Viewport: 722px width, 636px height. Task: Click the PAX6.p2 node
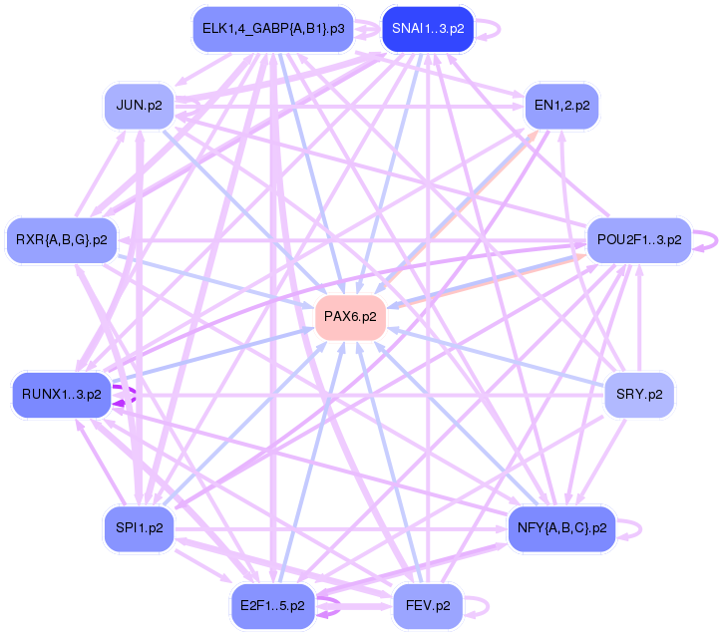[351, 317]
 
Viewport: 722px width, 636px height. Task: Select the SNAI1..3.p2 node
[428, 29]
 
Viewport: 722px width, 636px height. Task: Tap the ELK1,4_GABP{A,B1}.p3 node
[273, 29]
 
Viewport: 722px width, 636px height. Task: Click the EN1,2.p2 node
[561, 105]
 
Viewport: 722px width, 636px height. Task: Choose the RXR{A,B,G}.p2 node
[62, 239]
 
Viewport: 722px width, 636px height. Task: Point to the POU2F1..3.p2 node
[639, 239]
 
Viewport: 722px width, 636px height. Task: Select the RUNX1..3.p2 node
[62, 394]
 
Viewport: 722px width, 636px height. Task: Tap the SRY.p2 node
[639, 394]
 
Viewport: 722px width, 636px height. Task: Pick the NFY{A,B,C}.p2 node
[561, 527]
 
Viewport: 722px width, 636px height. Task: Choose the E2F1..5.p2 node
[272, 604]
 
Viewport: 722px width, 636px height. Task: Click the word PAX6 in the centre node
[342, 317]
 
